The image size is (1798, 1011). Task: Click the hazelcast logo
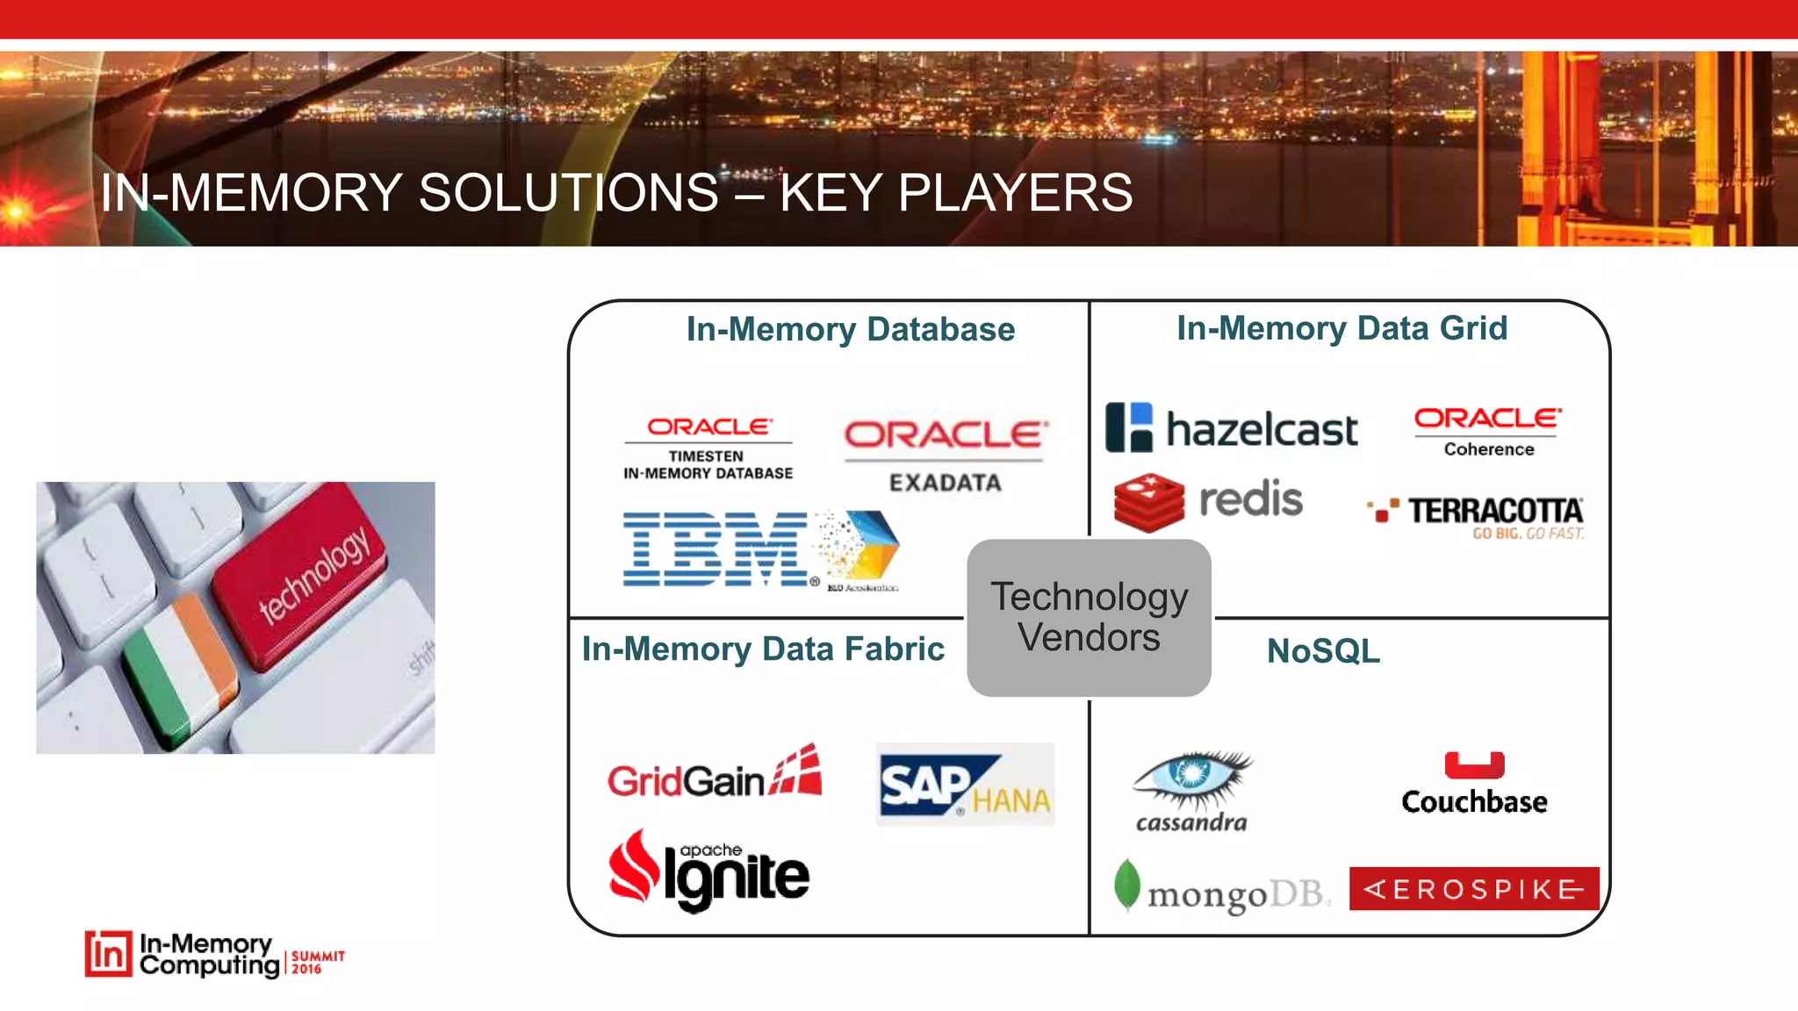point(1231,428)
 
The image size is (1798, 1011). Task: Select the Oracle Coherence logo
point(1488,431)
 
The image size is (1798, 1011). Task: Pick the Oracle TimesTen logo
point(708,448)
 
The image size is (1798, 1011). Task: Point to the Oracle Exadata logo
point(946,455)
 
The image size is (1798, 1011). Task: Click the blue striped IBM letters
point(716,549)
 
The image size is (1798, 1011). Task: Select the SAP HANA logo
point(964,784)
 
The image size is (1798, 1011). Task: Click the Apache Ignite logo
point(709,871)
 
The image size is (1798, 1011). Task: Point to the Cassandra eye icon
point(1193,778)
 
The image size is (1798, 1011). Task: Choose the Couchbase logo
point(1474,784)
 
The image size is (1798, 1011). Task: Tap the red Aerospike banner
point(1473,889)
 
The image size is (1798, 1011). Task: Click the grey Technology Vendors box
point(1089,618)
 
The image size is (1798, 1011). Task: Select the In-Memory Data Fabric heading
point(762,649)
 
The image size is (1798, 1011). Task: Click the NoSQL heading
point(1323,651)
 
